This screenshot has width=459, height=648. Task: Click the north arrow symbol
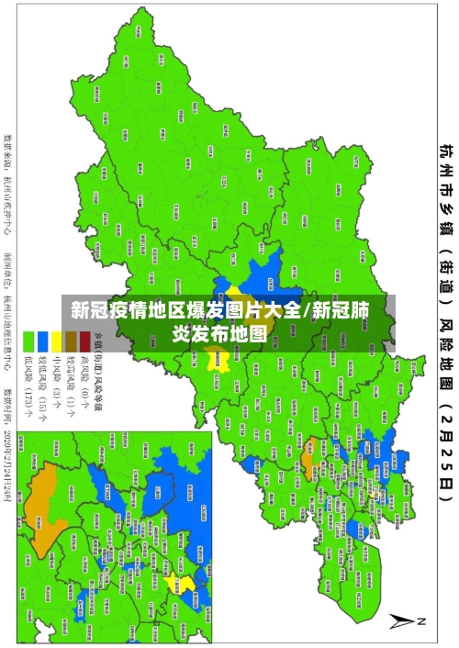(x=405, y=620)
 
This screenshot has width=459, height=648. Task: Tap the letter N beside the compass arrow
(x=423, y=621)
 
